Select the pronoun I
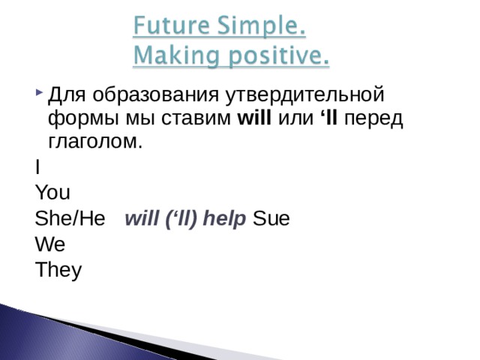[37, 168]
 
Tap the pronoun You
[52, 193]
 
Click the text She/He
[70, 219]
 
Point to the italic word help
[225, 219]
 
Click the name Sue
[272, 219]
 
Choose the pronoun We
[49, 244]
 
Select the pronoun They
[58, 269]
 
